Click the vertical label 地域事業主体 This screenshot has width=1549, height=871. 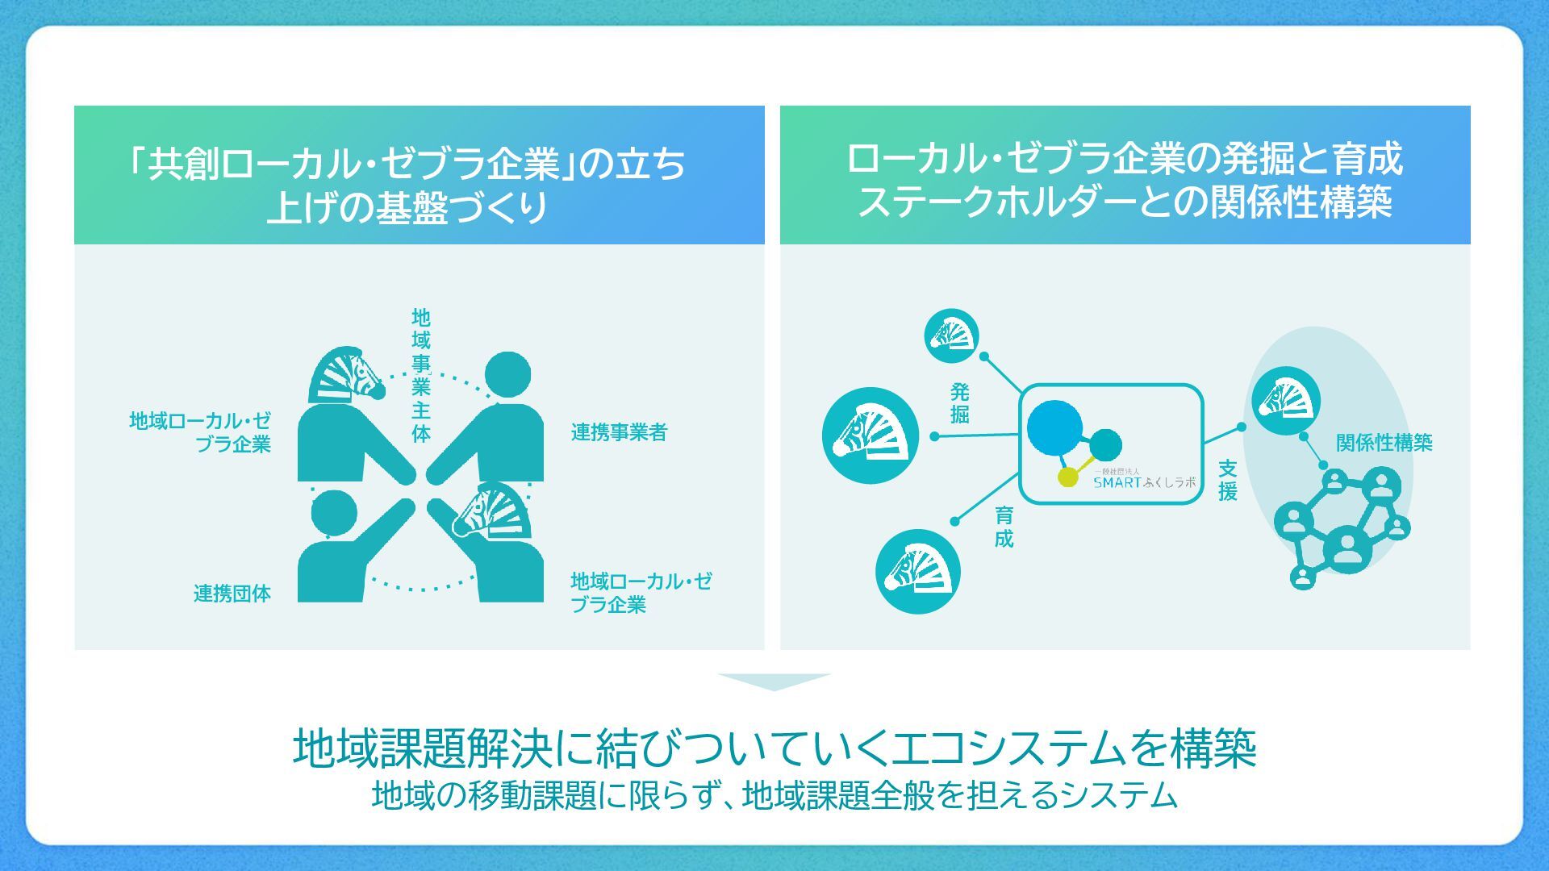420,375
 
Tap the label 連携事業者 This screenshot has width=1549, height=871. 619,433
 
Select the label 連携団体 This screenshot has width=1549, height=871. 232,594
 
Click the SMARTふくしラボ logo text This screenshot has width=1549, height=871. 1144,482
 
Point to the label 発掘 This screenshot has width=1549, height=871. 959,403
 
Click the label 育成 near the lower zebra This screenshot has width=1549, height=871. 1004,527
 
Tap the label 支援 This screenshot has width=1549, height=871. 1227,481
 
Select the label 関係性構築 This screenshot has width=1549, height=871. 1384,443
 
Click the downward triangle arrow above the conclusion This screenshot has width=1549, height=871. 774,681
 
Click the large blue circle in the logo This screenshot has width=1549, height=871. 1054,427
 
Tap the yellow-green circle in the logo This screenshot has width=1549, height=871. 1067,477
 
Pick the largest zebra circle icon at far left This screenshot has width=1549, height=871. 870,435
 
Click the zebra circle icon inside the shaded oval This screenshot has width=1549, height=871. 1286,401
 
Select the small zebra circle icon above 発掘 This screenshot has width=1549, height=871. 951,335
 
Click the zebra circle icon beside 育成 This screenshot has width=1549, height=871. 917,571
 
